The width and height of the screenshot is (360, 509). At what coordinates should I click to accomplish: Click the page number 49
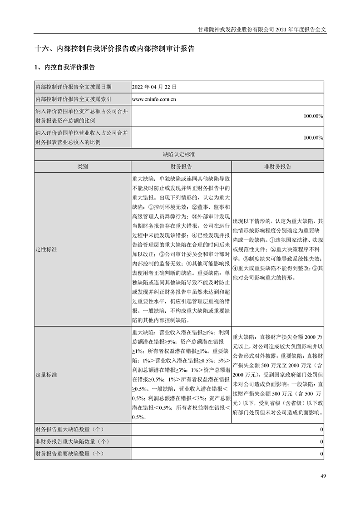323,476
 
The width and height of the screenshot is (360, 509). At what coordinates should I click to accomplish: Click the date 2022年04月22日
150,86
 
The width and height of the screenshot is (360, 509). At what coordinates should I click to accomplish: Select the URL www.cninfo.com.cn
154,98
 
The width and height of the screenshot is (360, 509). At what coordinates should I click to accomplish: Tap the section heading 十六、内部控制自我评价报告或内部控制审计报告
114,49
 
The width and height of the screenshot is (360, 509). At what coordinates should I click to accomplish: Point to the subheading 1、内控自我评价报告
64,67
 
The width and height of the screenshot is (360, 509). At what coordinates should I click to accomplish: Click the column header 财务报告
181,166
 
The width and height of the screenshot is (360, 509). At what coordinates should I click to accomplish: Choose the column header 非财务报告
278,166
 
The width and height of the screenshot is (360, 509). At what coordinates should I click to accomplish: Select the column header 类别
82,166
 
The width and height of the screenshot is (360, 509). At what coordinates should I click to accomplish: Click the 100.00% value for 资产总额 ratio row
313,116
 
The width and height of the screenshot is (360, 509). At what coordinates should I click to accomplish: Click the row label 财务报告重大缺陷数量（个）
69,429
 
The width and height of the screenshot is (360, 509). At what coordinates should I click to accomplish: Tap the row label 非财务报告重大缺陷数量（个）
72,441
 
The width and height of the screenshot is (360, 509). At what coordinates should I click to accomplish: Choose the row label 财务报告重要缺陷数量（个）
69,453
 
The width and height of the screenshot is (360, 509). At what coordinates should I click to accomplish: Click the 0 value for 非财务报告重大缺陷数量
321,441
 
